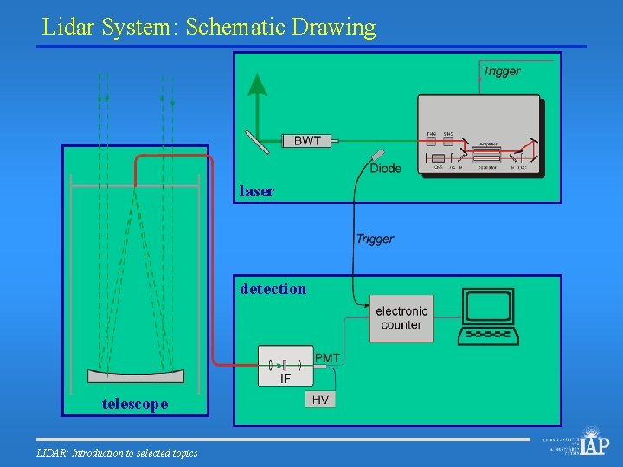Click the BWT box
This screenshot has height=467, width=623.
coord(307,141)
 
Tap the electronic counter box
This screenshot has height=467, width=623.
coord(401,318)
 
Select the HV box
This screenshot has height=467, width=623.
coord(320,400)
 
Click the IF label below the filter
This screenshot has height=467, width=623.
coord(286,379)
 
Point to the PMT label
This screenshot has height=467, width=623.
coord(327,358)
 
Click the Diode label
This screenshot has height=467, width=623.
coord(385,168)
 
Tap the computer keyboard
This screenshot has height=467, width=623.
coord(489,334)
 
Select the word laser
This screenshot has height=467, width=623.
coord(257,191)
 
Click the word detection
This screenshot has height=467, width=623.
coord(273,289)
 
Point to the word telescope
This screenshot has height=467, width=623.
coord(135,404)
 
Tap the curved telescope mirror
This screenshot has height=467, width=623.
coord(136,375)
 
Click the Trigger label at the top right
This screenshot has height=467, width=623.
coord(502,71)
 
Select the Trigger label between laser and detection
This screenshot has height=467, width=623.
coord(375,239)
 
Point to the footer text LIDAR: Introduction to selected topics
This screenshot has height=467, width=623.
coord(117,453)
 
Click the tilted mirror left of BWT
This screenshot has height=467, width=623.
coord(258,141)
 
